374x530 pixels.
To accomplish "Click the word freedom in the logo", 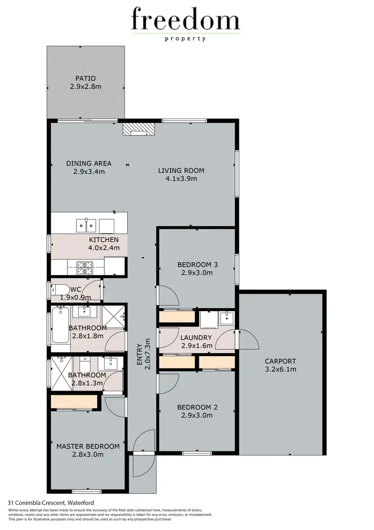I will [x=186, y=21].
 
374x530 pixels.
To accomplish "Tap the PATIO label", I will [x=86, y=78].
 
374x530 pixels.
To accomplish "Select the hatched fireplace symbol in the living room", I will [x=139, y=129].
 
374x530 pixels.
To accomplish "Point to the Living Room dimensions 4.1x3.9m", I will [x=181, y=178].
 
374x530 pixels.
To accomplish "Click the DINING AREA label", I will [x=89, y=163].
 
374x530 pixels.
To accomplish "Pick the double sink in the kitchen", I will [x=86, y=226].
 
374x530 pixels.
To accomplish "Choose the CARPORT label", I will [x=280, y=361].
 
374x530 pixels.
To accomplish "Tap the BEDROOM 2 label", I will [x=197, y=407].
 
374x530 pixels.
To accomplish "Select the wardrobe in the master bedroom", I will [x=74, y=402].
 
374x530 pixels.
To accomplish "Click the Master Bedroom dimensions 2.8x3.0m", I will [x=87, y=455].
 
